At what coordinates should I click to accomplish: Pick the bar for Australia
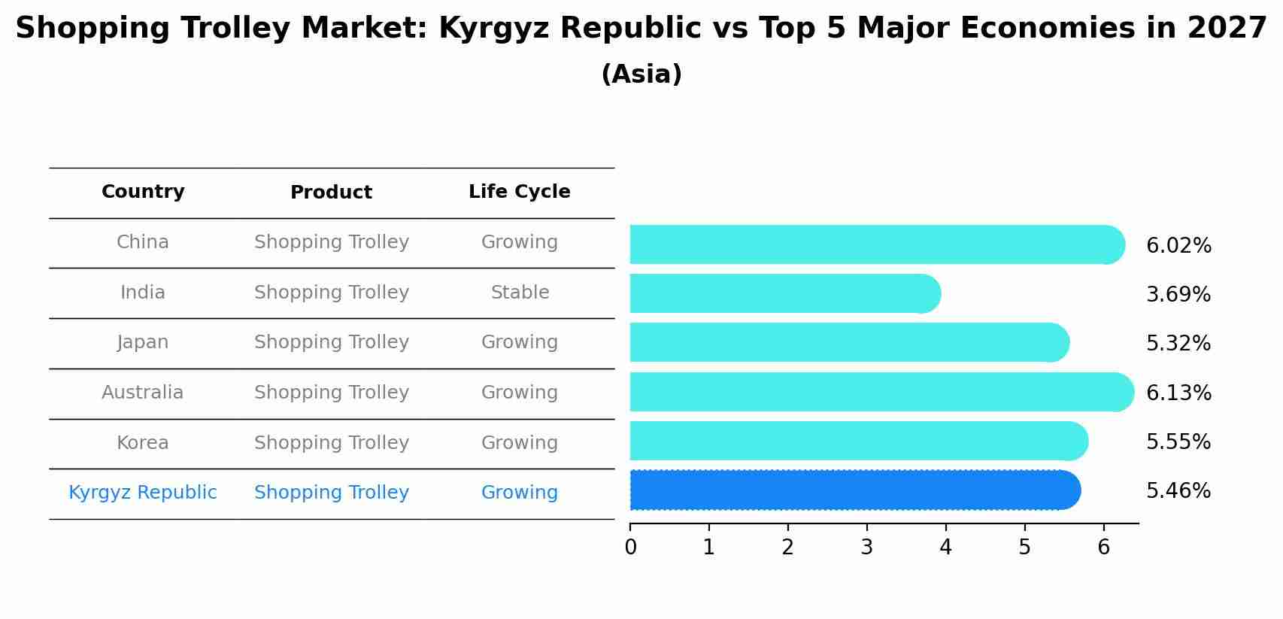881,392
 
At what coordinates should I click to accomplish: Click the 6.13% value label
1178,393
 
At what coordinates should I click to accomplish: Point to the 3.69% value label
1178,295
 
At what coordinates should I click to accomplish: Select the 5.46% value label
1178,491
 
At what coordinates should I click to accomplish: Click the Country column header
143,192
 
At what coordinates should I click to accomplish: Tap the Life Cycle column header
519,192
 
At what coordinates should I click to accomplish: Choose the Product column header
331,193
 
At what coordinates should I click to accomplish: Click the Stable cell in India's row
520,293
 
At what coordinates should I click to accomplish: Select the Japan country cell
143,342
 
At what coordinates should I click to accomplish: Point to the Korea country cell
143,443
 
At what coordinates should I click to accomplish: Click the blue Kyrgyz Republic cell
143,493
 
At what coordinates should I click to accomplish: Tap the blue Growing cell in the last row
519,493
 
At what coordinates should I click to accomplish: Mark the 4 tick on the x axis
945,548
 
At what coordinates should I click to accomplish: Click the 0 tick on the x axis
630,548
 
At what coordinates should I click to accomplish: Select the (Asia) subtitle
641,74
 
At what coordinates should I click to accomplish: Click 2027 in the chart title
1227,29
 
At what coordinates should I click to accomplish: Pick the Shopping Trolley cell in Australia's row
331,393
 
